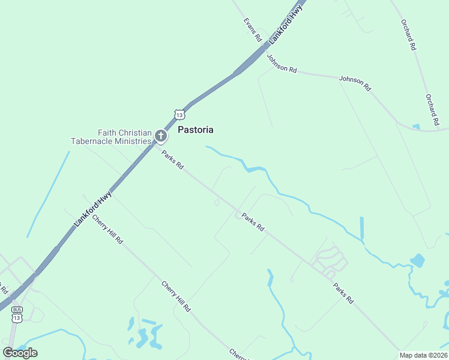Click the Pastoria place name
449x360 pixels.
coord(196,130)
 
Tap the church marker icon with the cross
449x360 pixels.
coord(161,137)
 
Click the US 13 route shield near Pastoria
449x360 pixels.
coord(179,114)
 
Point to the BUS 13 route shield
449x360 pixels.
coord(16,314)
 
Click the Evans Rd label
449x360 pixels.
coord(253,29)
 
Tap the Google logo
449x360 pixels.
coord(20,353)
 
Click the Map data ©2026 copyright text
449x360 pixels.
coord(424,355)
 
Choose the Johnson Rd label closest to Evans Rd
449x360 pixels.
coord(282,64)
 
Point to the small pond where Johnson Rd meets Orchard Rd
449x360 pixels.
coord(416,127)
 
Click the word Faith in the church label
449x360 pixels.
coord(109,133)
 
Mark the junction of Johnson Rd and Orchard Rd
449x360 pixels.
coord(437,129)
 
